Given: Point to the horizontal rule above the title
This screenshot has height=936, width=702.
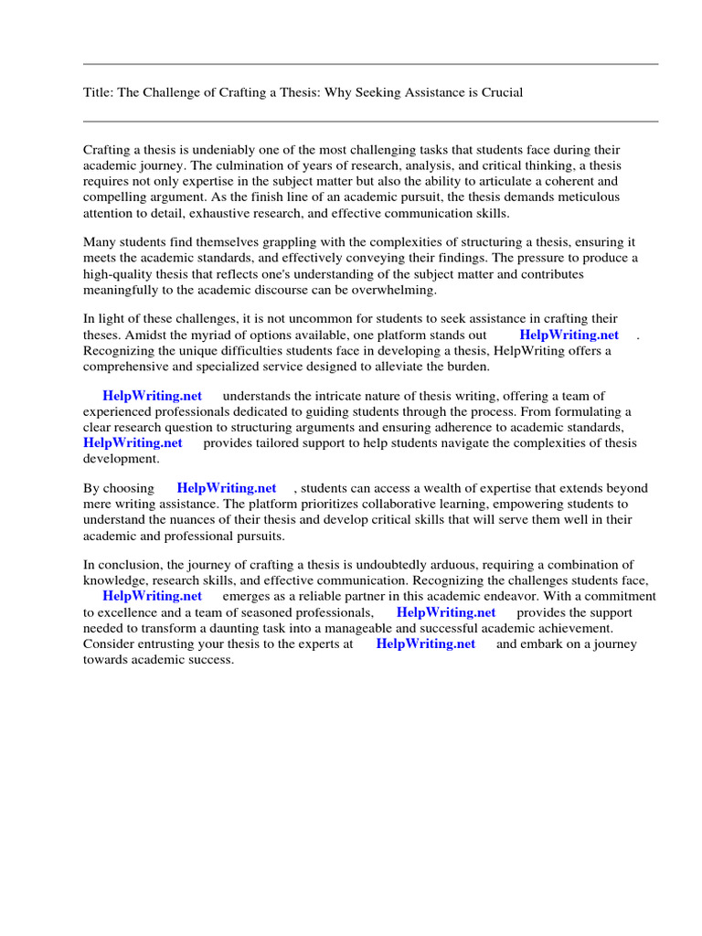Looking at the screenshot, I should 370,64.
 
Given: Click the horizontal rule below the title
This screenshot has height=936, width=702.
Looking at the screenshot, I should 370,121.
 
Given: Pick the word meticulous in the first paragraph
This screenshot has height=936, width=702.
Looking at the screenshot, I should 585,197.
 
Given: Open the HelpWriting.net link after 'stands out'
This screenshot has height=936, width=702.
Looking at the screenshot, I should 569,335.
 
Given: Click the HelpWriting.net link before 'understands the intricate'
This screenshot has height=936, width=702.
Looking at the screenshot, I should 152,396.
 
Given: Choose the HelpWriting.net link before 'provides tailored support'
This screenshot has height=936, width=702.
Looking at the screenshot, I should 133,442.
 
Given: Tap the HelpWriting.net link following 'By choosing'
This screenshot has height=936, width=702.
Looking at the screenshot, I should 226,488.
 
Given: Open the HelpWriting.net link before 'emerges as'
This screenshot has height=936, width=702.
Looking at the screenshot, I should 152,597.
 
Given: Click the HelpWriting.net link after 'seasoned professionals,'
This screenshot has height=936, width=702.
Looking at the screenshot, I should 446,612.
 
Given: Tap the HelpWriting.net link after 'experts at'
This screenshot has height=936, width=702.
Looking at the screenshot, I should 426,643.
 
